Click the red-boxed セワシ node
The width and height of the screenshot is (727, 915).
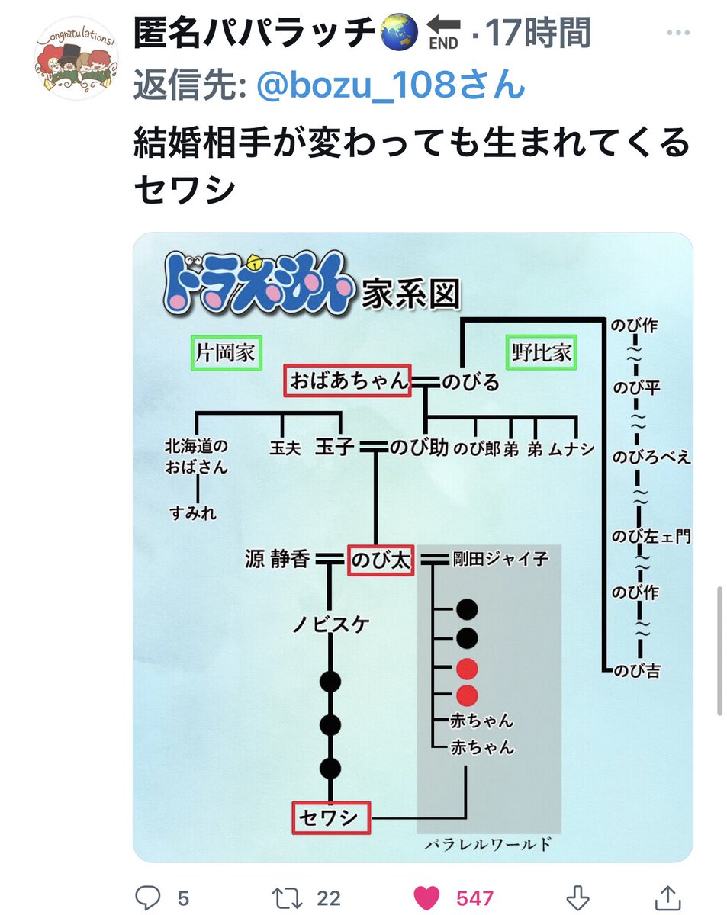[x=330, y=818]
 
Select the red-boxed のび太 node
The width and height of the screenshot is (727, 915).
[x=380, y=560]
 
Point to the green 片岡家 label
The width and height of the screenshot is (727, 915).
[x=226, y=353]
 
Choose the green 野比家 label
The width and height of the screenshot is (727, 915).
[x=542, y=353]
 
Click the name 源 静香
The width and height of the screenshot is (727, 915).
[x=277, y=560]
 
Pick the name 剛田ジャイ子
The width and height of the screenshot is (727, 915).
[x=500, y=559]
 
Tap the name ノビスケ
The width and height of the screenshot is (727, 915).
[x=331, y=625]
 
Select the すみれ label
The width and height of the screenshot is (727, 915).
[x=194, y=513]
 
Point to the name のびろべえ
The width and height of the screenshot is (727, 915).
[x=651, y=457]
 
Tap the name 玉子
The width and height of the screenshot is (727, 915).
[x=334, y=448]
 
